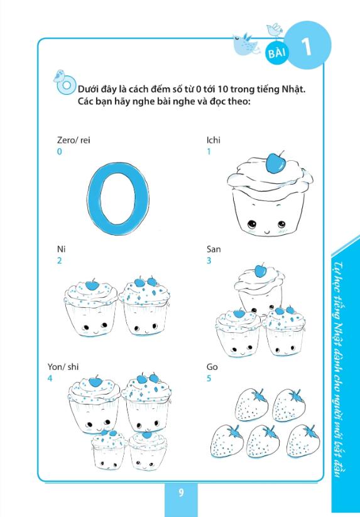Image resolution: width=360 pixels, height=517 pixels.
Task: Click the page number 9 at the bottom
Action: click(181, 493)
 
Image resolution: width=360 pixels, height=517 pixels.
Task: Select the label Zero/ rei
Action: click(73, 140)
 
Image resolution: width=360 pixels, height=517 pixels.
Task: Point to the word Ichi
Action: click(213, 140)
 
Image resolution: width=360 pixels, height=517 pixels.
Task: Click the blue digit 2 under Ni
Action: click(59, 261)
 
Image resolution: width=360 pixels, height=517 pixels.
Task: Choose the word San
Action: click(214, 249)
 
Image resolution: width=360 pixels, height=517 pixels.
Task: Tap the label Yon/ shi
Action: click(63, 367)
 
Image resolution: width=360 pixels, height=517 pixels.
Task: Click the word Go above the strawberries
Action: click(212, 367)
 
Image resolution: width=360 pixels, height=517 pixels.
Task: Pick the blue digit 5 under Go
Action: click(209, 378)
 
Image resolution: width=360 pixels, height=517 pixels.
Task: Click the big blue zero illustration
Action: click(118, 198)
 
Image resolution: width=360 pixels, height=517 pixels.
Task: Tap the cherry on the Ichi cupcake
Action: click(275, 163)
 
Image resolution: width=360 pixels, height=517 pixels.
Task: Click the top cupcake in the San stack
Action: click(260, 288)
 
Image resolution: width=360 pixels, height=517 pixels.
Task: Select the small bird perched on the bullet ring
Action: click(58, 75)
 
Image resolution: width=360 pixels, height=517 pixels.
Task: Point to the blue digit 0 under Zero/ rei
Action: click(59, 151)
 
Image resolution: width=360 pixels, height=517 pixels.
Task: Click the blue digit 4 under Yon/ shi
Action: click(50, 378)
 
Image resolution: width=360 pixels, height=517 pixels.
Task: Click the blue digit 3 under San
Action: click(209, 261)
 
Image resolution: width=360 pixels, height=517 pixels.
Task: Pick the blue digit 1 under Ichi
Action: click(209, 151)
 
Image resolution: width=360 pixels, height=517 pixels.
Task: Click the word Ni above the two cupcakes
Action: click(61, 249)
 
